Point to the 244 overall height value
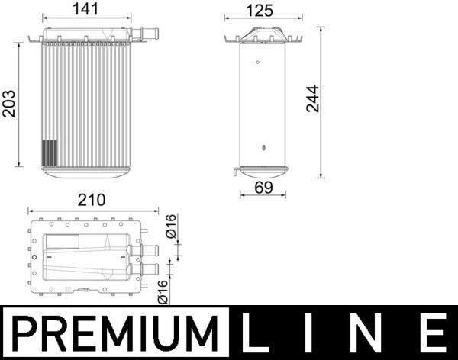[312, 98]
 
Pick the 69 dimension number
[263, 185]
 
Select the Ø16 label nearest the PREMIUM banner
[163, 291]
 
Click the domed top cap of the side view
[261, 34]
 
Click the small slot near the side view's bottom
[263, 147]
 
